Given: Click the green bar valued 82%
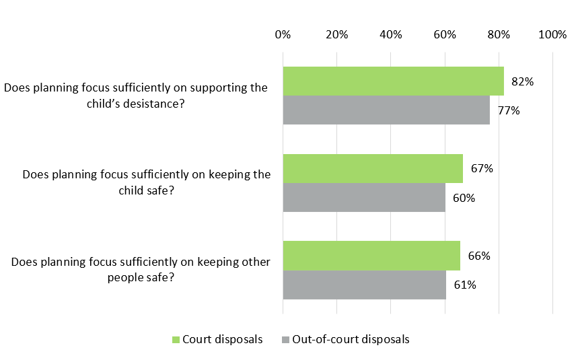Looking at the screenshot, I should coord(393,81).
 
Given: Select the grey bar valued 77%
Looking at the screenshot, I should coord(386,110).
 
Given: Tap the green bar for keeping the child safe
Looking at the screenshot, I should coord(373,169).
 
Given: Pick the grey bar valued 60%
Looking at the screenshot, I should coord(363,198).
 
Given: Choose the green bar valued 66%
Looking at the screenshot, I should coord(371,256).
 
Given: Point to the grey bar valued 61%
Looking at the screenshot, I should coord(364,285).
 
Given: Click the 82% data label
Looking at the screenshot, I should coord(522,82).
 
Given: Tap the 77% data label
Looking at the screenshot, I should coord(509,111).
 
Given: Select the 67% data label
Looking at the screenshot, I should coord(482,169).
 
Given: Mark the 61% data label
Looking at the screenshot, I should coord(465,285).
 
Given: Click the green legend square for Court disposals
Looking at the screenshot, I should coord(176,340).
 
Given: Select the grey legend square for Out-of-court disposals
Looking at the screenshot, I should coord(285,340).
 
